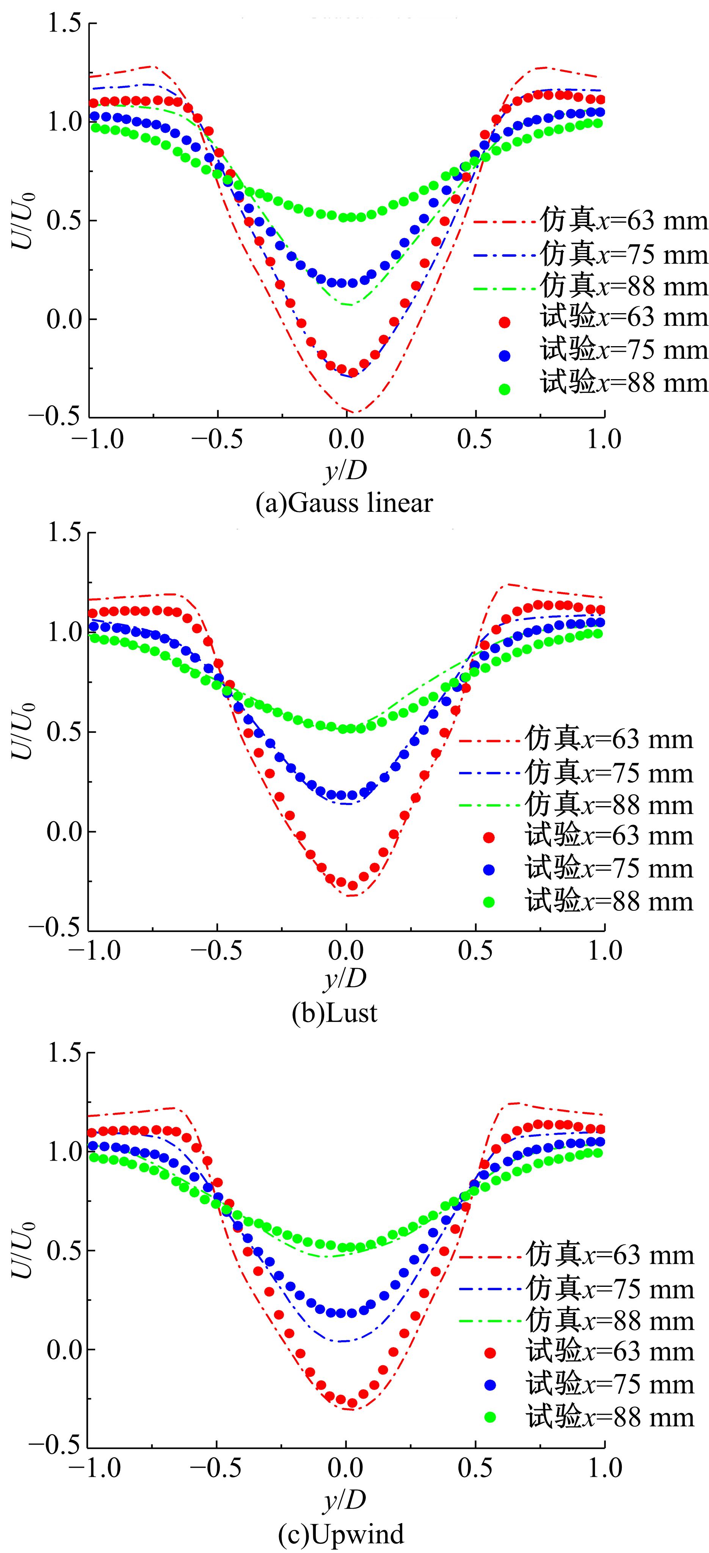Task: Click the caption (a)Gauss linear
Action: point(344,503)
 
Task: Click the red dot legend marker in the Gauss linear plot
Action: point(505,323)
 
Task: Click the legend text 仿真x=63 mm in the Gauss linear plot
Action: point(623,221)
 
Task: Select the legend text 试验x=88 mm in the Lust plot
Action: point(609,901)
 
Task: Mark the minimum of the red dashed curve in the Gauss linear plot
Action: point(355,413)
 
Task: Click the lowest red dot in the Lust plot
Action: point(352,886)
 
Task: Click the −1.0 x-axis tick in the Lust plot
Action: point(96,951)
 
